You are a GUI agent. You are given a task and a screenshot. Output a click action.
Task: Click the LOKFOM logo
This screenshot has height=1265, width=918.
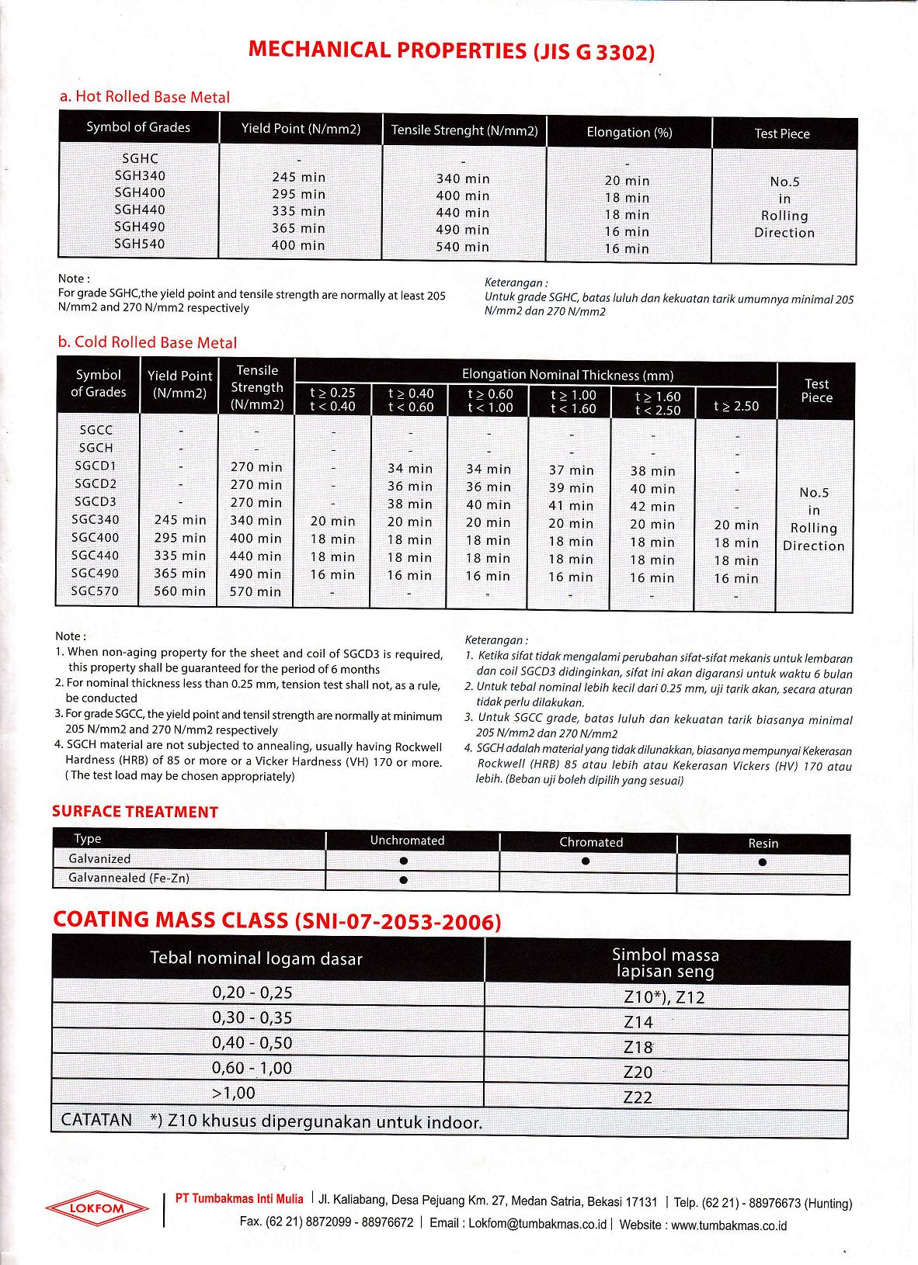[x=96, y=1208]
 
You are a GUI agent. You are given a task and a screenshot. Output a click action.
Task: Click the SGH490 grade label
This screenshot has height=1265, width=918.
[x=140, y=227]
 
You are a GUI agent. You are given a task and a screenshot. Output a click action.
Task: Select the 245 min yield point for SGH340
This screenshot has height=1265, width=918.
[x=299, y=178]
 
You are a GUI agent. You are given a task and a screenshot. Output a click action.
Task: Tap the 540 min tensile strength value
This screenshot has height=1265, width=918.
[x=463, y=247]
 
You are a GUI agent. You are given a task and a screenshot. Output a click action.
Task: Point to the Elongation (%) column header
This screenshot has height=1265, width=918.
[x=629, y=133]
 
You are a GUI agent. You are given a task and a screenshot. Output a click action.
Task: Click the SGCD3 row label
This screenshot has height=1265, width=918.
[x=96, y=501]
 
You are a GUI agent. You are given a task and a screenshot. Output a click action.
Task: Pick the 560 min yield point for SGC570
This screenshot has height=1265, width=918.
[x=180, y=591]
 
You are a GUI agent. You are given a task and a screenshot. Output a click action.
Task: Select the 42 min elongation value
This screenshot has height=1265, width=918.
[x=652, y=507]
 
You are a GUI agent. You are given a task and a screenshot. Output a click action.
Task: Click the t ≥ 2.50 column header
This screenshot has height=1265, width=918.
[x=736, y=406]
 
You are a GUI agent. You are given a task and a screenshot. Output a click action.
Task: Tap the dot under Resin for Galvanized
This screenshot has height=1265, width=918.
[x=763, y=862]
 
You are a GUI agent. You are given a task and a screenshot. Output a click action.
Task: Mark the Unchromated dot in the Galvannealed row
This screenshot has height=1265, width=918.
[x=403, y=880]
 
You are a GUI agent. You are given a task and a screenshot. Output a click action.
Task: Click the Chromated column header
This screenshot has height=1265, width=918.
[x=591, y=842]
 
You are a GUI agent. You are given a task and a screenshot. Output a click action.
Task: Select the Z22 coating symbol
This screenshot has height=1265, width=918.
[x=638, y=1097]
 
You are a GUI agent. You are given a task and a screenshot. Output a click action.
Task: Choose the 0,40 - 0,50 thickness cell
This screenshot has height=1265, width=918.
[x=252, y=1043]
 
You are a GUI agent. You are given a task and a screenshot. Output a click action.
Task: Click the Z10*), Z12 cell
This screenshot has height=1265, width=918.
[x=665, y=997]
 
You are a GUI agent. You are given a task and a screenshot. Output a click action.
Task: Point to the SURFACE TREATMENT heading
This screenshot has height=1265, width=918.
[x=135, y=813]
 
